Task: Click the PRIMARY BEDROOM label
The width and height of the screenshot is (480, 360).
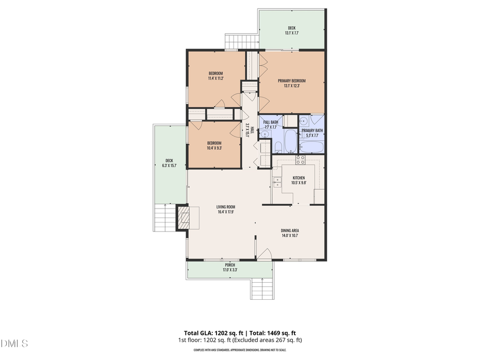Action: tap(292, 81)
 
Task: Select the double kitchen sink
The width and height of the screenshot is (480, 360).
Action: tap(277, 182)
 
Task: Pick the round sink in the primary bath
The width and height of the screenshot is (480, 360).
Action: tap(303, 120)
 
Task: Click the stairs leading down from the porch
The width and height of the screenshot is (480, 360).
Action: tap(260, 289)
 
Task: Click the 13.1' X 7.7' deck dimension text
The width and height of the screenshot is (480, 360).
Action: tap(291, 33)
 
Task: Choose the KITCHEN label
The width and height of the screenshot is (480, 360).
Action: tap(298, 178)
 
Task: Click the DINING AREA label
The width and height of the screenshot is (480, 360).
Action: tap(290, 230)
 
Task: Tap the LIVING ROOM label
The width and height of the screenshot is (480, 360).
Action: tap(226, 207)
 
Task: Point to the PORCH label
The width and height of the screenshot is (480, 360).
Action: tap(230, 265)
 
